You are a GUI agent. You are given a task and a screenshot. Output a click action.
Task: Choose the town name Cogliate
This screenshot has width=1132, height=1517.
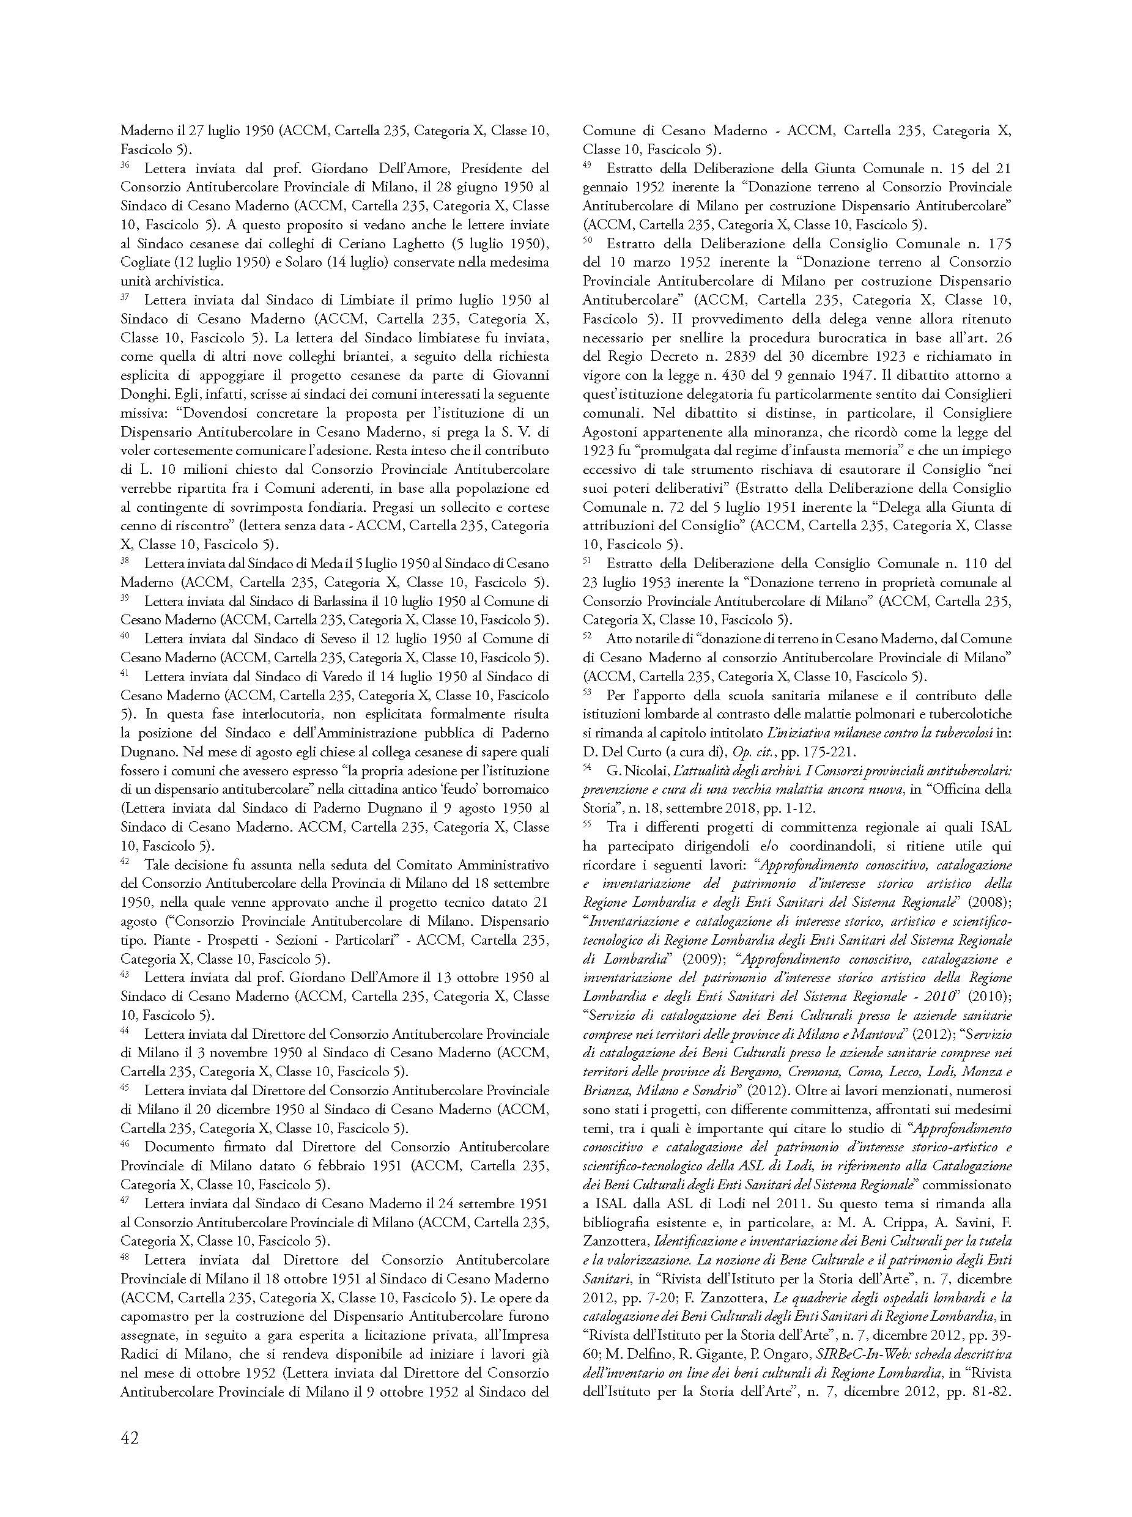pos(143,262)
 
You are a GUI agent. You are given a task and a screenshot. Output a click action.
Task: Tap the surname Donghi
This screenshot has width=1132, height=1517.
pos(142,394)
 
